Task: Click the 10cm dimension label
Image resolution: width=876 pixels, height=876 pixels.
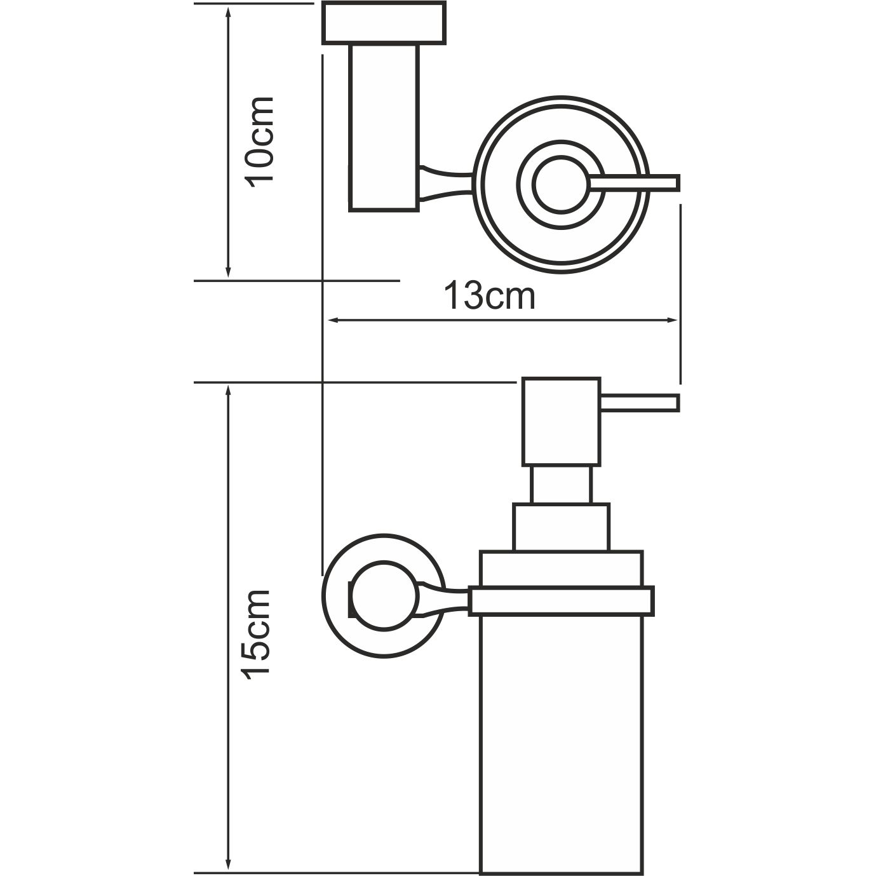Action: (x=260, y=141)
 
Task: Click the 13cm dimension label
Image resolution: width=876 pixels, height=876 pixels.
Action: (x=489, y=296)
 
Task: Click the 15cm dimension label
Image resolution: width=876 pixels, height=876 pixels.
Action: (x=259, y=634)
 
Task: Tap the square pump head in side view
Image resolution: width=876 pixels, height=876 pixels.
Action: (x=560, y=421)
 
